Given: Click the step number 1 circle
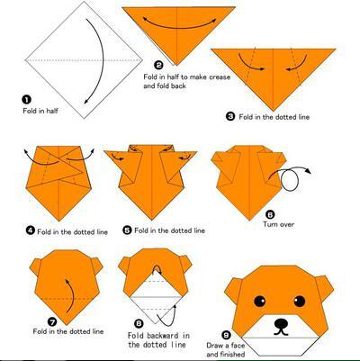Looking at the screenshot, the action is coord(27,100).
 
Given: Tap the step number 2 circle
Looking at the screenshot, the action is coord(158,65).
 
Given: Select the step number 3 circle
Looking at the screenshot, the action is coord(230,116).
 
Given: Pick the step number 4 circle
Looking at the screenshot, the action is coord(31,230).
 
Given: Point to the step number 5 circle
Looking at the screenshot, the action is coord(128,230).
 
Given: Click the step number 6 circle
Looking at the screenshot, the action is coord(270,214).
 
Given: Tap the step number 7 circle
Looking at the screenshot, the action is coord(52,322).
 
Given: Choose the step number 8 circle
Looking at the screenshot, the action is coord(139,323).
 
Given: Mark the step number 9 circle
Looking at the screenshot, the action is coord(226,335).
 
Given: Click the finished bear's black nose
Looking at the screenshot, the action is coord(281,323).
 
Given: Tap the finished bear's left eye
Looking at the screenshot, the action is coord(260,301).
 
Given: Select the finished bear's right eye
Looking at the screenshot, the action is coord(300,301).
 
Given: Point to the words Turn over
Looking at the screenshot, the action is coord(278,224).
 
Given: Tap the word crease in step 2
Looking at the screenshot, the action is coord(220,77).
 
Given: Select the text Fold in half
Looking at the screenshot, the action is coord(40,111).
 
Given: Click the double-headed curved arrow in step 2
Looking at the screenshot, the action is coord(179,23).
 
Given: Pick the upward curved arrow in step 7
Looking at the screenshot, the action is coord(69,295).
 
